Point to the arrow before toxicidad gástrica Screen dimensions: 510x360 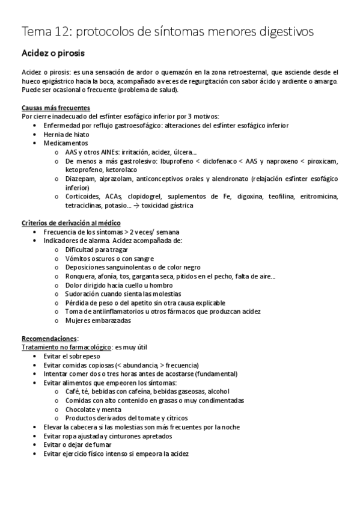pos(136,206)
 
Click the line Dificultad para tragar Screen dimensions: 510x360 pos(96,249)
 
